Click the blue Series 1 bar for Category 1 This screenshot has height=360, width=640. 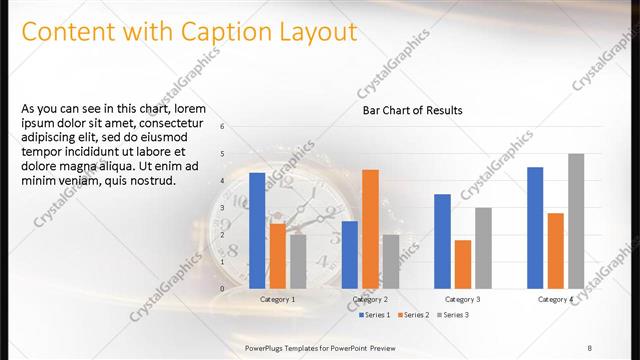click(257, 231)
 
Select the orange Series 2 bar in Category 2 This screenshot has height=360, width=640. click(370, 229)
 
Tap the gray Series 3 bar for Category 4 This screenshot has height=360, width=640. click(576, 221)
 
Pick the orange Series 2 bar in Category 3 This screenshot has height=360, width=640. click(462, 264)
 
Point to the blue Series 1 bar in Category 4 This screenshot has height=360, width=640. click(535, 228)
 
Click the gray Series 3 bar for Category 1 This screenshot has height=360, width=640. click(298, 261)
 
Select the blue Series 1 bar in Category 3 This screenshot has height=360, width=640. click(442, 241)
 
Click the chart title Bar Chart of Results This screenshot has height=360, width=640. click(412, 111)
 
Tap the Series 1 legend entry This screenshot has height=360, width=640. click(374, 315)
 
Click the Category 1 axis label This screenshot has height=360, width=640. click(277, 299)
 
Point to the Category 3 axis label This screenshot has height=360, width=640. click(462, 299)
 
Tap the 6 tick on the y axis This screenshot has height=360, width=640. click(223, 126)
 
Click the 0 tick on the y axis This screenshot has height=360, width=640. click(223, 289)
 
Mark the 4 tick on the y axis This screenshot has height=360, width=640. click(223, 181)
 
